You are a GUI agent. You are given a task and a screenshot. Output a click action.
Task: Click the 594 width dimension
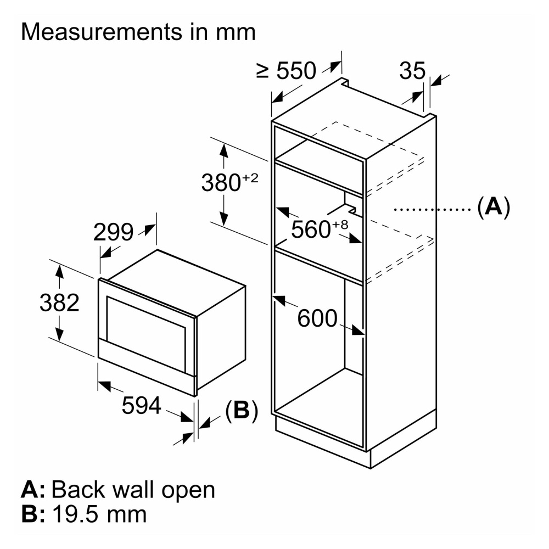coord(141,406)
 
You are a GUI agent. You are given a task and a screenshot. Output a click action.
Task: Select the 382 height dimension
coord(59,302)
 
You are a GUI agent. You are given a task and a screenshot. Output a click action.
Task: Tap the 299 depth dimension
coord(113,233)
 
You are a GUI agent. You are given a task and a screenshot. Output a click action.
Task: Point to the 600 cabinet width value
coord(317,318)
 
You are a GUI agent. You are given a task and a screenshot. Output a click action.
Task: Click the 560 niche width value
coord(310,229)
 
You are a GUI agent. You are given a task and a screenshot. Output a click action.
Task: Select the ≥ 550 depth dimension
coord(287,70)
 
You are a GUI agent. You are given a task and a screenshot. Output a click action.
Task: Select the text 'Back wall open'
coord(133,489)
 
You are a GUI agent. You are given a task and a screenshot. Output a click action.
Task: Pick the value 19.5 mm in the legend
coord(99,514)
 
